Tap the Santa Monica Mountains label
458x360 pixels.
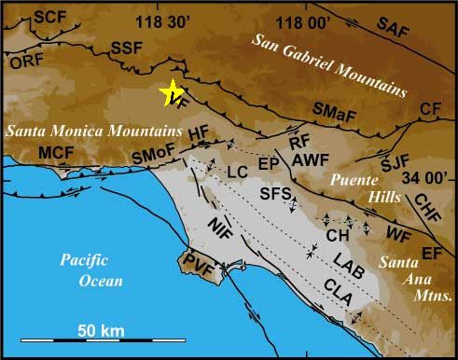click(92, 130)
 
